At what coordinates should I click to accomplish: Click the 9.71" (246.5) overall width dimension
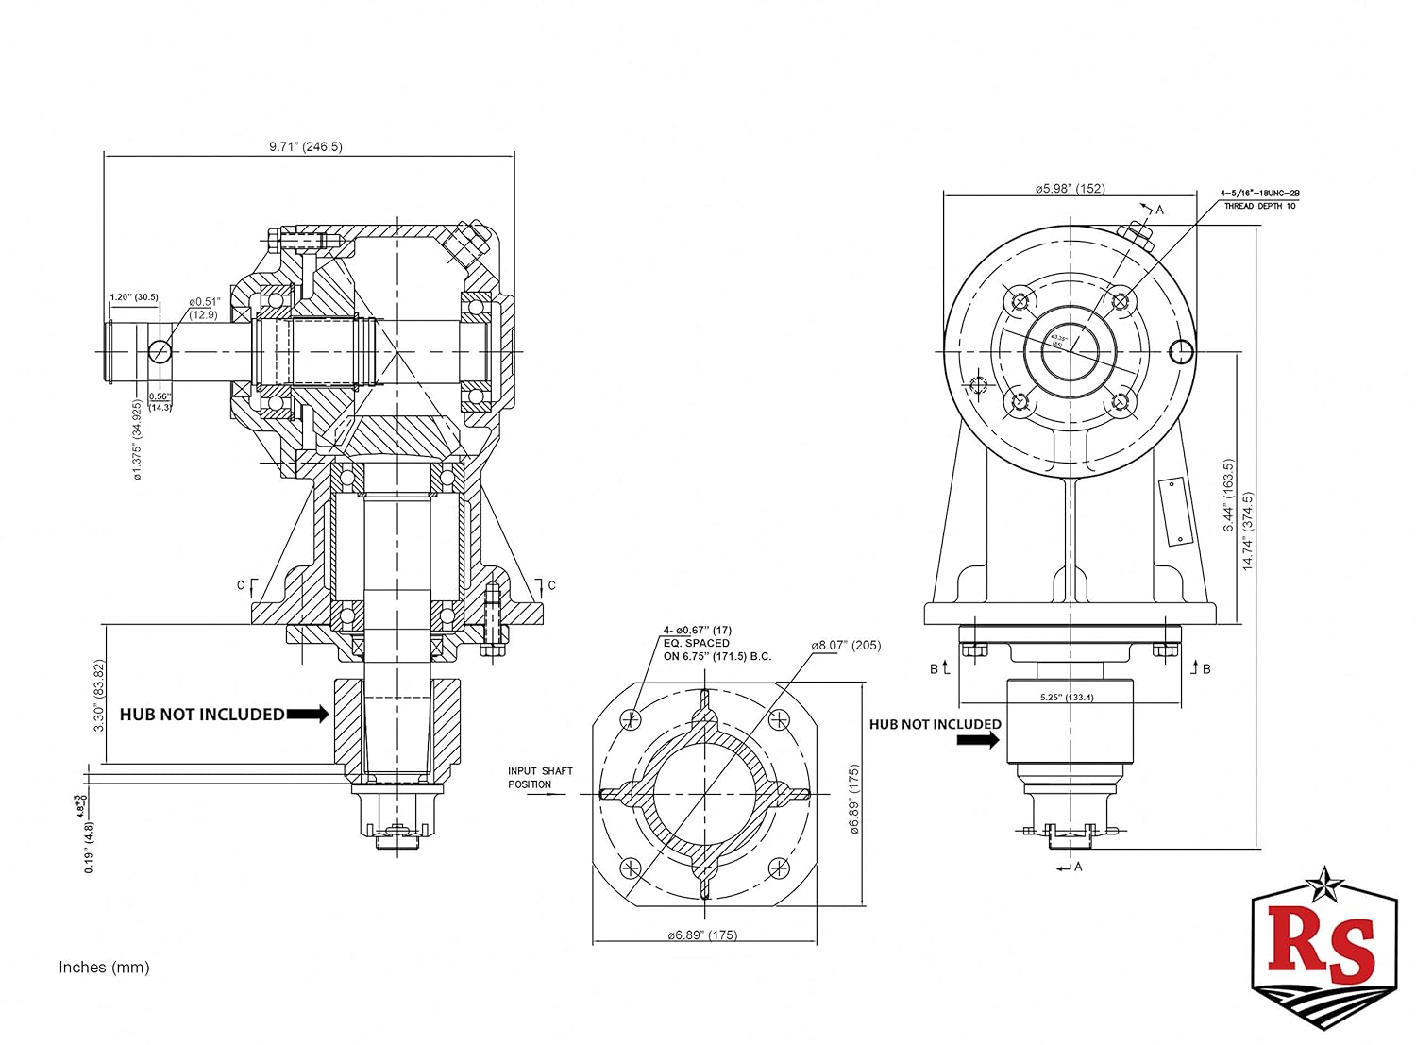coord(305,146)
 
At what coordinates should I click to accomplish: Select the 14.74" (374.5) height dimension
coord(1247,531)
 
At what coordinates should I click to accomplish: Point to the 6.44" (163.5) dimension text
coord(1228,496)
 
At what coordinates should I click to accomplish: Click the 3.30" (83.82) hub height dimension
coord(100,695)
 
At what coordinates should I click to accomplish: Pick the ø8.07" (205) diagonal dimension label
coord(845,646)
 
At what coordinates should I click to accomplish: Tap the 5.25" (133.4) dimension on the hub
coord(1067,698)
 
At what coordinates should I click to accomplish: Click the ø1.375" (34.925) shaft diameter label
coord(138,440)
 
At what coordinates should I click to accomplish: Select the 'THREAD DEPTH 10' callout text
coord(1259,206)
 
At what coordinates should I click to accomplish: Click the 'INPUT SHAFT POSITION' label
coord(540,778)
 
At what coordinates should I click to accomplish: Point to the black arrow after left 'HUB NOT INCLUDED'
coord(308,715)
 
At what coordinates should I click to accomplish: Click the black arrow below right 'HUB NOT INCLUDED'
coord(978,741)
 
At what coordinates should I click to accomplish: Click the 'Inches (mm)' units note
coord(104,967)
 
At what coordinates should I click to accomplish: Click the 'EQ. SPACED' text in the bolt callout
coord(696,643)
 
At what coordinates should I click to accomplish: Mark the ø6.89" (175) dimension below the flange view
coord(702,935)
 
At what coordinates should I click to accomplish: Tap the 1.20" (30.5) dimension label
coord(133,297)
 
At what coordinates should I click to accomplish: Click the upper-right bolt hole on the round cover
coord(1119,302)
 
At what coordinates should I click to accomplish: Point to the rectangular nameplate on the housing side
coord(1173,511)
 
